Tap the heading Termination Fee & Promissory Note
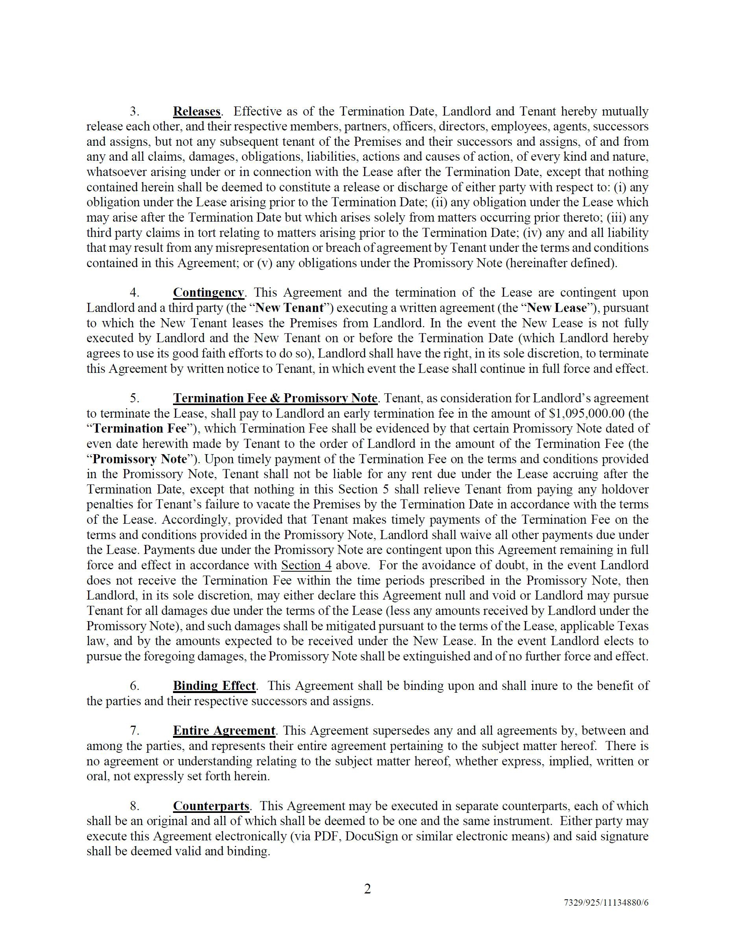coord(275,398)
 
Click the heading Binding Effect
coord(214,686)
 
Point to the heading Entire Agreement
coord(224,730)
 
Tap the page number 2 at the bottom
coord(367,889)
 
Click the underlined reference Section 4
coord(306,565)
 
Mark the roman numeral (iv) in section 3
coord(530,233)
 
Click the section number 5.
coord(134,398)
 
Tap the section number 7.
coord(134,730)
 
